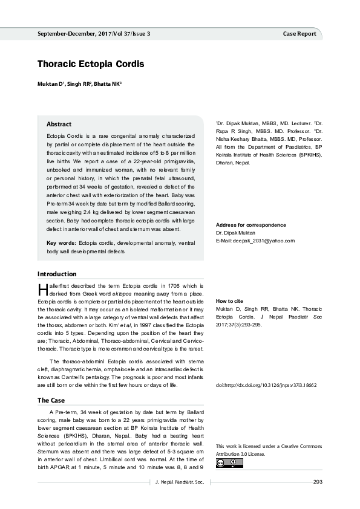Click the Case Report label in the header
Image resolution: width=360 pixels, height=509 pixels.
(299, 34)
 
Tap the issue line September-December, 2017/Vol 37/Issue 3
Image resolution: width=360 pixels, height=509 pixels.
(102, 34)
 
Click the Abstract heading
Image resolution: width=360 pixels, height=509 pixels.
(59, 124)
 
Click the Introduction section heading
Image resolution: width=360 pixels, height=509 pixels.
(57, 274)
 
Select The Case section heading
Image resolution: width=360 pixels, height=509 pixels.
(51, 400)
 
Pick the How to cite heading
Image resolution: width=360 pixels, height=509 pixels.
(229, 300)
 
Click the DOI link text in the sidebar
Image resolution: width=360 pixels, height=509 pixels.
(266, 384)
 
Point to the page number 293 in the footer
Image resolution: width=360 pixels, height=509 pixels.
(318, 481)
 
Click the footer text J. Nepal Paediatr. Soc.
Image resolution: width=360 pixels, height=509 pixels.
(177, 481)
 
